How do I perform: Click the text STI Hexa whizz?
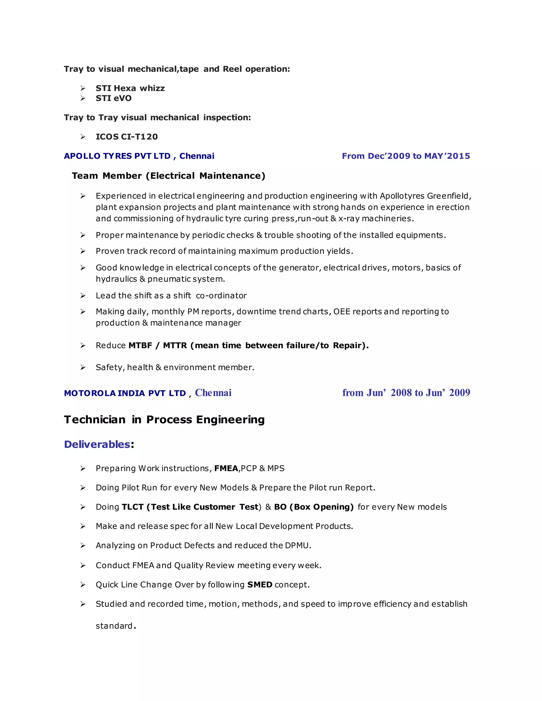[130, 88]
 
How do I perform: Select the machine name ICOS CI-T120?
[127, 137]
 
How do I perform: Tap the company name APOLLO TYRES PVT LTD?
[117, 156]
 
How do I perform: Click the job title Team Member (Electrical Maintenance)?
[169, 176]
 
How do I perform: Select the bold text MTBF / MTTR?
[158, 345]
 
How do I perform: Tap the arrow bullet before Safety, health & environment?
[83, 367]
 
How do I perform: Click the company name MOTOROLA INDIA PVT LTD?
[125, 393]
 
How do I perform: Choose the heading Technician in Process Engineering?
[164, 420]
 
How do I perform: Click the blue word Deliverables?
[97, 444]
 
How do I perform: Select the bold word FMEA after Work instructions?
[226, 469]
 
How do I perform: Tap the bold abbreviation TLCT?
[133, 507]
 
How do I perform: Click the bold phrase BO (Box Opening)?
[314, 507]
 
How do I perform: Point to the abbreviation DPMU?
[297, 546]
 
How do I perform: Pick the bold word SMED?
[260, 585]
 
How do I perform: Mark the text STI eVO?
[114, 98]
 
